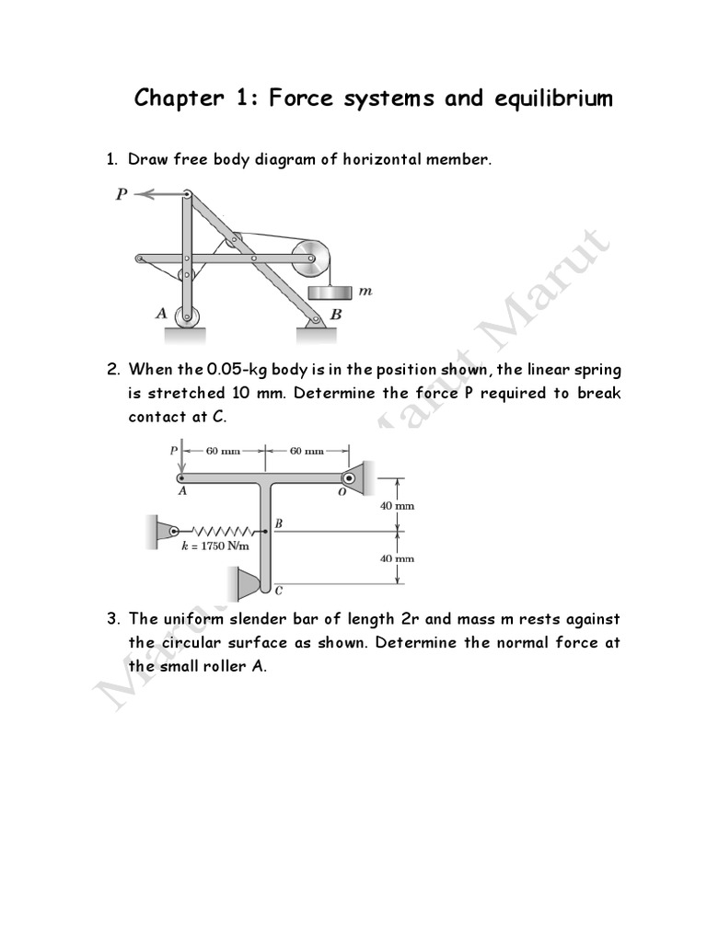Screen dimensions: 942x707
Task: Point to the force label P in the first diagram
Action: pos(121,194)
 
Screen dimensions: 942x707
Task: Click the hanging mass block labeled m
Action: pos(330,292)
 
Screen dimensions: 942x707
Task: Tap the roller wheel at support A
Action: pos(187,316)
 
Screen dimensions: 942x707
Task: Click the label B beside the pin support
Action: pos(336,314)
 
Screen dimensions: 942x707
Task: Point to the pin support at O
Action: pos(353,477)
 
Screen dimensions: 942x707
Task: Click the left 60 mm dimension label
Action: pos(224,451)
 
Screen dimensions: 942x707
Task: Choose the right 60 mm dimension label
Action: pos(307,451)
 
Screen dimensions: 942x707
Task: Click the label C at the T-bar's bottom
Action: pos(278,591)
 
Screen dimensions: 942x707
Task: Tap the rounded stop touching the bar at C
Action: pos(246,582)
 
